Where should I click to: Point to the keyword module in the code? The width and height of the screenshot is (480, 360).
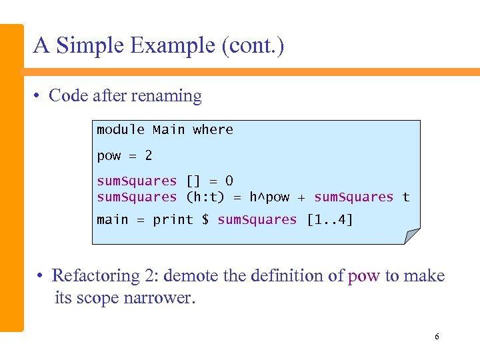coord(121,129)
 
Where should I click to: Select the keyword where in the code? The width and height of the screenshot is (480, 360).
coord(213,129)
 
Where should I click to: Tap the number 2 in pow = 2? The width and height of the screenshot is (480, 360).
coord(148,156)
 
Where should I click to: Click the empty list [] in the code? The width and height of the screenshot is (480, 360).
coord(193,181)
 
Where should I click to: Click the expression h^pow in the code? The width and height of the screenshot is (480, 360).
coord(269,197)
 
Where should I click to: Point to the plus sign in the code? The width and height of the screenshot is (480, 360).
coord(301,197)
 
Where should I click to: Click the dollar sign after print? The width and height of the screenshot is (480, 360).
coord(205,220)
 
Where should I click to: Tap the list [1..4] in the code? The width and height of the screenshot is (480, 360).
coord(329,220)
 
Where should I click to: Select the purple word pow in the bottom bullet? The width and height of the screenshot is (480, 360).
coord(363,276)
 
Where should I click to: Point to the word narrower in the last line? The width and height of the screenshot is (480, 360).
coord(159,298)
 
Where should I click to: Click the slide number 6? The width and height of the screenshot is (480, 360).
coord(437,337)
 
